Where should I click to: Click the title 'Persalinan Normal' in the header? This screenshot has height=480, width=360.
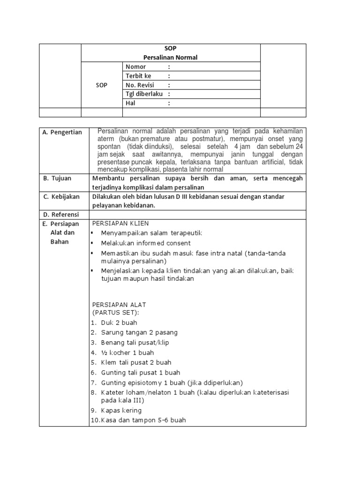click(171, 57)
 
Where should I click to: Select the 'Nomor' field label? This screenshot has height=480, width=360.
click(136, 67)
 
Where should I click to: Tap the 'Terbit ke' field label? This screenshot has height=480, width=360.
click(138, 76)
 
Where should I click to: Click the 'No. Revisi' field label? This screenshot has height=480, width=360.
click(140, 85)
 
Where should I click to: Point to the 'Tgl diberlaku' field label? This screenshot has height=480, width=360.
click(144, 94)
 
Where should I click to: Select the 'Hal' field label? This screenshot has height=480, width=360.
click(130, 103)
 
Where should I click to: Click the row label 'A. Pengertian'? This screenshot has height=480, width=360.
click(62, 133)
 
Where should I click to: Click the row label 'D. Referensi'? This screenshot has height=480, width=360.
click(61, 214)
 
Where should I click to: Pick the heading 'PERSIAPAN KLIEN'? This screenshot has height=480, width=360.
click(120, 223)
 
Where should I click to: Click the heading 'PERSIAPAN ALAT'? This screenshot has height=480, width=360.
click(119, 305)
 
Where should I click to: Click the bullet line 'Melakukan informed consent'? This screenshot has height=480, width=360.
click(146, 243)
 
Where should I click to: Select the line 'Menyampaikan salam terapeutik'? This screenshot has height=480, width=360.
click(151, 233)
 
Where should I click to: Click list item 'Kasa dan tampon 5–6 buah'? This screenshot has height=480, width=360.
click(143, 420)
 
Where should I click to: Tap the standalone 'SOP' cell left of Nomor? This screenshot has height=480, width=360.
click(102, 85)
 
